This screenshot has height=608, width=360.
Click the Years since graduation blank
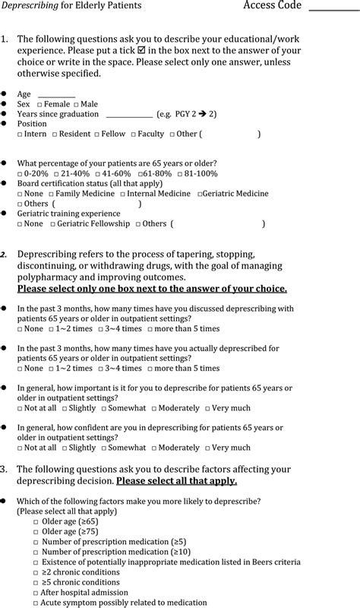(129, 115)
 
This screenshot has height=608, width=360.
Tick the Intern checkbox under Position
(21, 134)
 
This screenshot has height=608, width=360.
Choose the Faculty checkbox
(133, 134)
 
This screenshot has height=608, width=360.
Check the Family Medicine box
(51, 194)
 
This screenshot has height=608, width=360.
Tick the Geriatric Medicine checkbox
(200, 194)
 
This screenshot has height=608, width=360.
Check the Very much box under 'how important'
(207, 408)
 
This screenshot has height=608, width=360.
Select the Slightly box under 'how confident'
(65, 448)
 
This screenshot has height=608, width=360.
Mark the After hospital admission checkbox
(36, 592)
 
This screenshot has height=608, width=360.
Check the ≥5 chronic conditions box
(36, 582)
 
